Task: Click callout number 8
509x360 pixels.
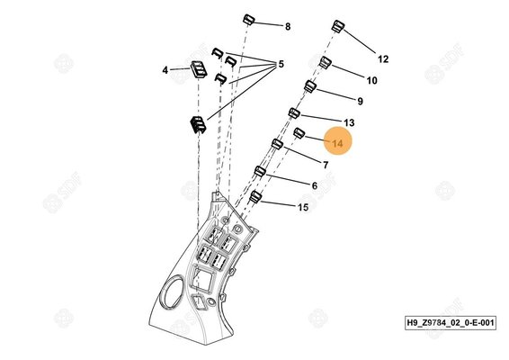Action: [x=288, y=27]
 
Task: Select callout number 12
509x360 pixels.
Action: [x=383, y=59]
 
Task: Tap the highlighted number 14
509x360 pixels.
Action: [x=337, y=143]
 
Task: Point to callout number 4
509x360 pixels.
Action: [x=165, y=70]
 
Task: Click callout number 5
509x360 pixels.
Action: [x=281, y=64]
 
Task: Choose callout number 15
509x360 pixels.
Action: [x=303, y=207]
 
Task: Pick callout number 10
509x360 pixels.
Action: [x=372, y=80]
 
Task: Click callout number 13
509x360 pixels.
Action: [x=349, y=122]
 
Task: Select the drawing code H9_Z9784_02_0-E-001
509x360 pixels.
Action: [x=451, y=322]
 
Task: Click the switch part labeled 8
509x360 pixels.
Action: [x=249, y=20]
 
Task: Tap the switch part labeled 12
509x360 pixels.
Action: [x=338, y=26]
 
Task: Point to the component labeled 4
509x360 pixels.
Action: [x=198, y=69]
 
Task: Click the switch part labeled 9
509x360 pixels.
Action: [x=310, y=86]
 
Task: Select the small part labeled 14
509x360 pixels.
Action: [x=299, y=132]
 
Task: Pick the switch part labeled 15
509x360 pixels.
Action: [x=255, y=196]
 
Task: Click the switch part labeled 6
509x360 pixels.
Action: [x=260, y=171]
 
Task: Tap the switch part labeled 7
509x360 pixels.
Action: [x=277, y=144]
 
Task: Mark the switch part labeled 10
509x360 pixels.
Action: [x=326, y=62]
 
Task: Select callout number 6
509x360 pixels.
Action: [x=314, y=185]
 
